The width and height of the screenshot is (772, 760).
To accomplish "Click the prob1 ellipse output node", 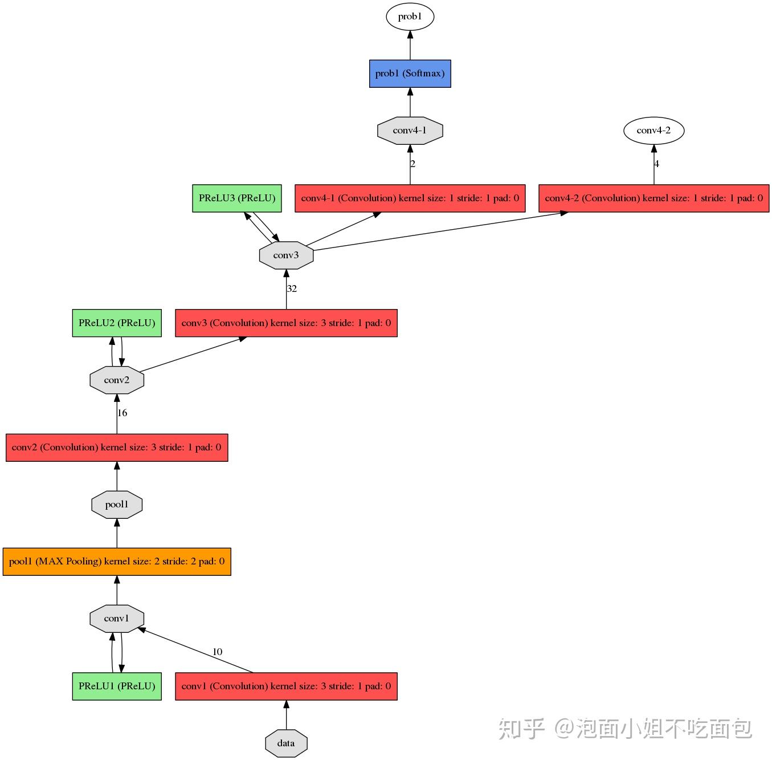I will pos(410,17).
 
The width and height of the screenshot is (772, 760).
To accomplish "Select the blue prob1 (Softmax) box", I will pos(410,74).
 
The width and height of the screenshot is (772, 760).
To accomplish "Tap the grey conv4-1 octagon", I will pos(410,131).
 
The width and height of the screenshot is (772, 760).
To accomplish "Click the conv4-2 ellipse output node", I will pos(653,131).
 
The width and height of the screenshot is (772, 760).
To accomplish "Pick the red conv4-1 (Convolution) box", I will pos(410,198).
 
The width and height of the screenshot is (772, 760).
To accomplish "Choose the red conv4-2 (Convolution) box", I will pos(653,198).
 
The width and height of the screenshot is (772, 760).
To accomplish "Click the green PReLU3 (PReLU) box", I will pos(237,198).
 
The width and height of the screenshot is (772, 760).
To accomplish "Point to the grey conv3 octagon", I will pos(286,255).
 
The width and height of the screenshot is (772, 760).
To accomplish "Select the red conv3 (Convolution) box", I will pos(286,323).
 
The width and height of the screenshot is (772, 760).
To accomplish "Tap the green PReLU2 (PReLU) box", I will pos(117,323).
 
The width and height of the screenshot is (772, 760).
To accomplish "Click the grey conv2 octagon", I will pos(117,380).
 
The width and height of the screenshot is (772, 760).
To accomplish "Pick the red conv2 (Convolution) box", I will pos(117,448).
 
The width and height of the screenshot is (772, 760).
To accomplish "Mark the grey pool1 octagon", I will pos(117,505).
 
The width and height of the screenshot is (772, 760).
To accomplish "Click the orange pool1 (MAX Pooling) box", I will pos(117,562).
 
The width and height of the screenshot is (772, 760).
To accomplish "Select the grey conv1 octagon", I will pos(117,619).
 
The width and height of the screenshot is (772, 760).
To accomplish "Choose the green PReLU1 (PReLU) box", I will pos(117,686).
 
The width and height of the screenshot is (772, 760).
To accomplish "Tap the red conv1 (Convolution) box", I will pos(286,686).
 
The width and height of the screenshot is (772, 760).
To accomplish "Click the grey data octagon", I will pos(286,743).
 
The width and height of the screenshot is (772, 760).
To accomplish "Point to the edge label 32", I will pos(292,289).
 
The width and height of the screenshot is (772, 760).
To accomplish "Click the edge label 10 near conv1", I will pos(217,652).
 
